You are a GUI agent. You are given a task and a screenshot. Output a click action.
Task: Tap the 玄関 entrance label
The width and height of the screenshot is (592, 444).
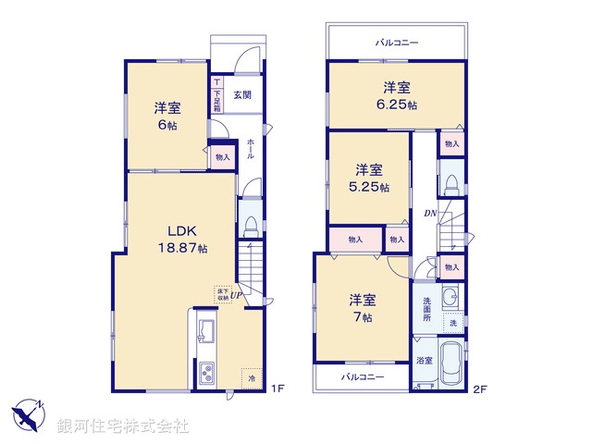tap(241, 94)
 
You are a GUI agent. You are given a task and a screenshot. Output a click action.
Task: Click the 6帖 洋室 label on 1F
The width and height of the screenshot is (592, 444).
tap(167, 115)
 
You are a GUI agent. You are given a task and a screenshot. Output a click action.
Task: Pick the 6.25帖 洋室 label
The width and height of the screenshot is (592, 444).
tap(397, 96)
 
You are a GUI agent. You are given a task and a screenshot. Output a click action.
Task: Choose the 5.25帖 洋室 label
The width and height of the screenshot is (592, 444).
tap(370, 178)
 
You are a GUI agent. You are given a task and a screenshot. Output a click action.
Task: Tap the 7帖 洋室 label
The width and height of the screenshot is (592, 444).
tap(362, 308)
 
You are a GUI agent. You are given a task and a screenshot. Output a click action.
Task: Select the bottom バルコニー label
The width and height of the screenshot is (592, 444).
tap(360, 378)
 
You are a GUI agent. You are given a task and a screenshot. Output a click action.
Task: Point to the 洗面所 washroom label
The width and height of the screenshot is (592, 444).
tap(426, 309)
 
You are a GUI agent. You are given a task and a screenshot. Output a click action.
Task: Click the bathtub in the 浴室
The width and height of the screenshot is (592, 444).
tap(453, 364)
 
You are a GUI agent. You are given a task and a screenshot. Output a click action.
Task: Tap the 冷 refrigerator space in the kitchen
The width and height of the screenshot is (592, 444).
tap(250, 378)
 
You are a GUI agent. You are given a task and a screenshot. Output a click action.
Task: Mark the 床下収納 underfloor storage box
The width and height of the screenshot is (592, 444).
tap(222, 294)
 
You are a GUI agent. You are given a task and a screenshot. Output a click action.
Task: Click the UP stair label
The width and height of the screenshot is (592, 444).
tap(237, 296)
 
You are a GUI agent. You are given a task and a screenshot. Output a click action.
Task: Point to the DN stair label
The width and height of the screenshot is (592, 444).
tap(429, 214)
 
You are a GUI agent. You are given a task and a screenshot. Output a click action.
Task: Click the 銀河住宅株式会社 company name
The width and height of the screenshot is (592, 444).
tap(122, 425)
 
